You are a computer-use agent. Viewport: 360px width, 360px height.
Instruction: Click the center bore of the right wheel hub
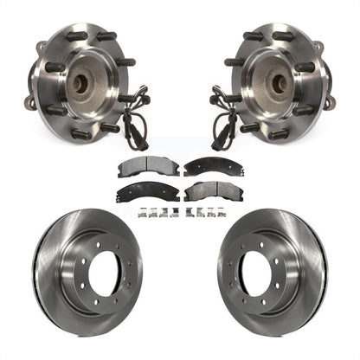click(279, 85)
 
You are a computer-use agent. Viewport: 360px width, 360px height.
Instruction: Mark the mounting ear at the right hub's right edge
click(329, 101)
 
